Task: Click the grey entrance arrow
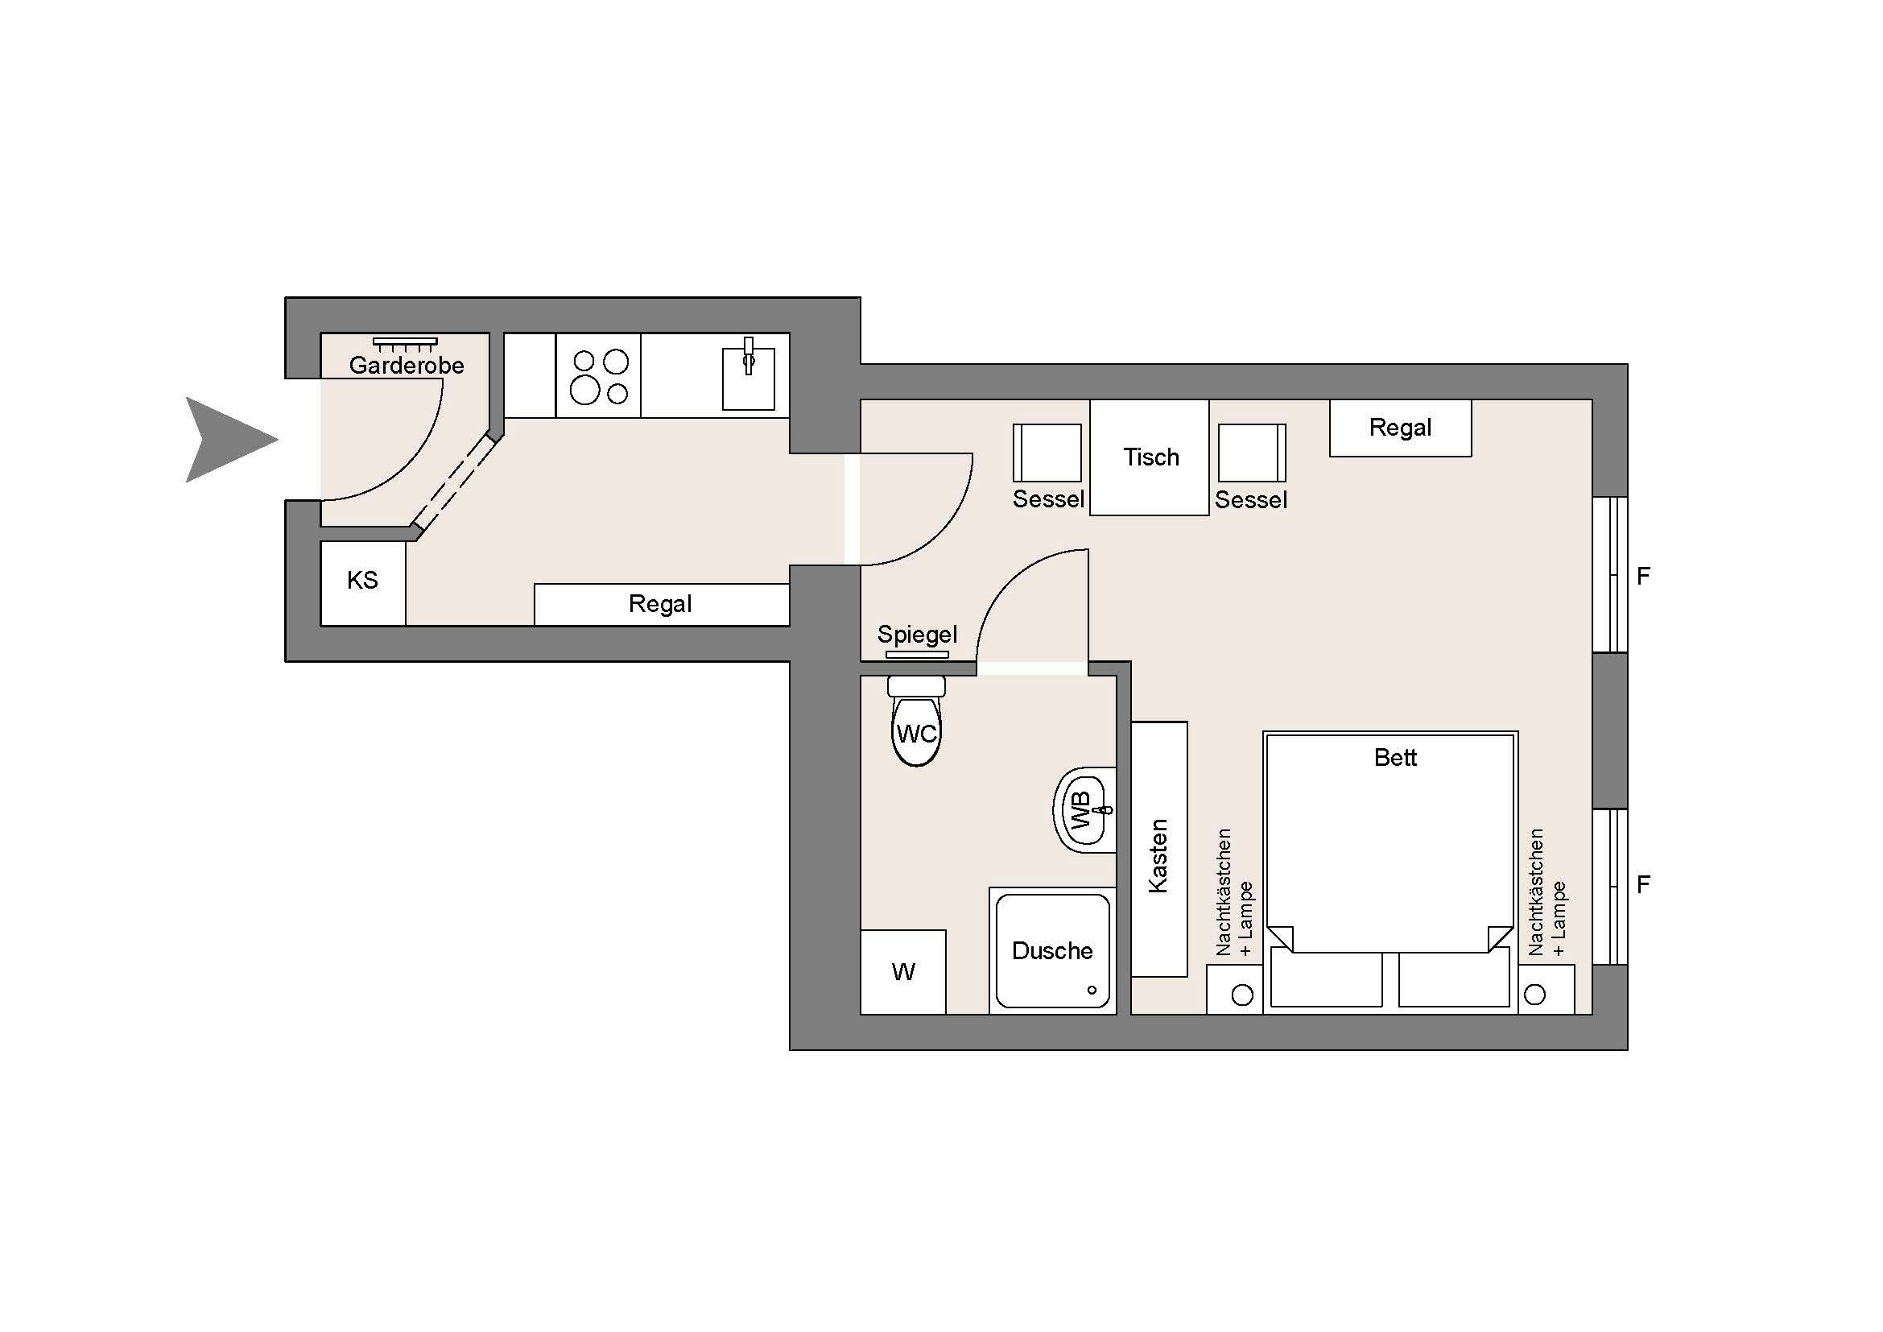pos(225,440)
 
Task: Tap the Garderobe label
pos(407,365)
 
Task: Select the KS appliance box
pos(362,583)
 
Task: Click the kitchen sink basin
pos(748,379)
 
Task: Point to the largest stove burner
pos(584,391)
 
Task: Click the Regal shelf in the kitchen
pos(662,605)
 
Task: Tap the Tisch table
pos(1149,457)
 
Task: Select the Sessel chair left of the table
pos(1047,453)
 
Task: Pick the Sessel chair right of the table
pos(1252,453)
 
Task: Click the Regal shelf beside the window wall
pos(1400,428)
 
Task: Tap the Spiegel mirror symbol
pos(918,655)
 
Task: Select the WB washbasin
pos(1085,810)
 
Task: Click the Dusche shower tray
pos(1052,950)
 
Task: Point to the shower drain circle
pos(1092,990)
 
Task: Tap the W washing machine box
pos(903,972)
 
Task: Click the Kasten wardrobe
pos(1158,849)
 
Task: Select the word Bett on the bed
pos(1395,757)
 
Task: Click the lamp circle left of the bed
pos(1242,995)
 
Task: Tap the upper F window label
pos(1643,576)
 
